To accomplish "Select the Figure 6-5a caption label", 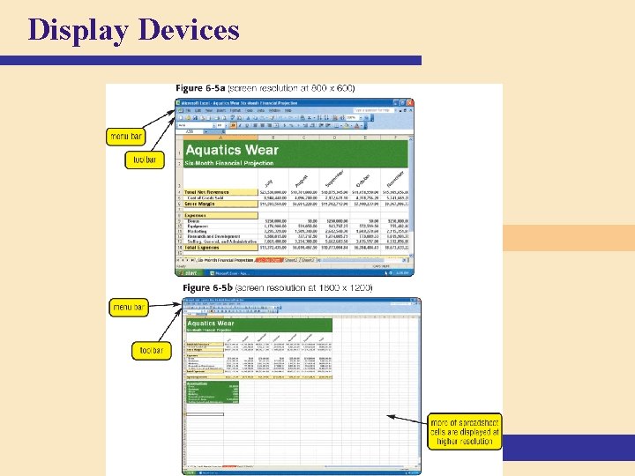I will pos(201,89).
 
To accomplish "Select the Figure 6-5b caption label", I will pos(210,288).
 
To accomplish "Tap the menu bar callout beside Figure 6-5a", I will pos(126,137).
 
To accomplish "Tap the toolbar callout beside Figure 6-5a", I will pos(144,160).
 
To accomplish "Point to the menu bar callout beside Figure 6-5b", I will pos(129,308).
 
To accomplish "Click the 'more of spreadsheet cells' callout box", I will pos(464,429).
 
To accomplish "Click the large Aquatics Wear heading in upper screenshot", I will pos(231,150).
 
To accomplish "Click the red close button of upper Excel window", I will pos(409,102).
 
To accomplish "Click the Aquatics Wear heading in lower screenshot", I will pos(211,324).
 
